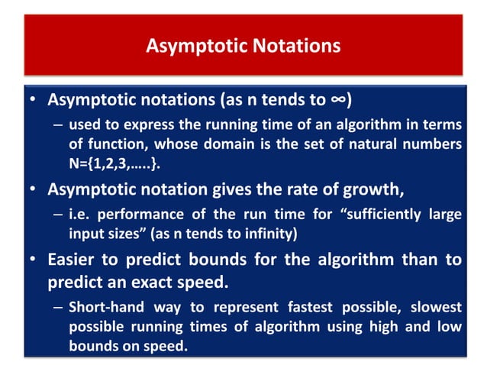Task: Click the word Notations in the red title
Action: (x=293, y=46)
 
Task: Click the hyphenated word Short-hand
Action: (x=104, y=307)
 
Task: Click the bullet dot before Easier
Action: (x=32, y=260)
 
